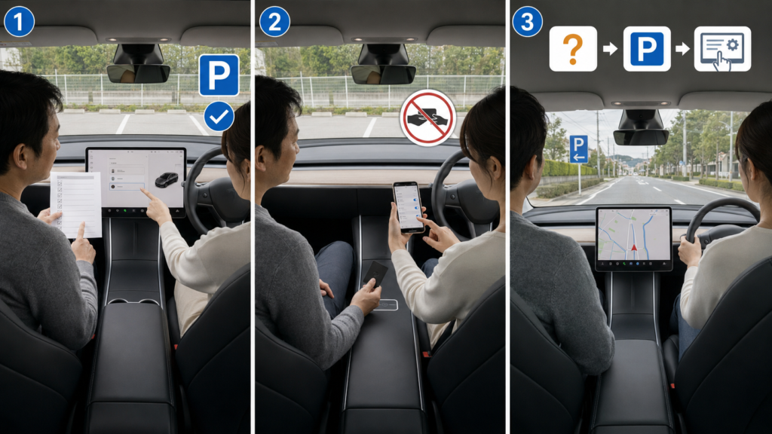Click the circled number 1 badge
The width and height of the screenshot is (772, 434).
19,22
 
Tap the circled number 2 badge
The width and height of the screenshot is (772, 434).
274,22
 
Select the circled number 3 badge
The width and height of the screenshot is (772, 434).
527,22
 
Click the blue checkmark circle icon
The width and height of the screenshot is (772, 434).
219,117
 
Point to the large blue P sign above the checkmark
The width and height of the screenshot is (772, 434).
219,75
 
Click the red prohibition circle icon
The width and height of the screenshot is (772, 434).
428,118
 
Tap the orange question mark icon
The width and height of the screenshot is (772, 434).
573,49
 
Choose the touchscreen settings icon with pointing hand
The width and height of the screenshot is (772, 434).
722,49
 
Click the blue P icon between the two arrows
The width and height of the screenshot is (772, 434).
647,49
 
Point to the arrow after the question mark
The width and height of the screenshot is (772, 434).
611,48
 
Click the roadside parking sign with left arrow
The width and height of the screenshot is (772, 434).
578,149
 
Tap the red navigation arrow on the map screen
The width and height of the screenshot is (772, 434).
634,247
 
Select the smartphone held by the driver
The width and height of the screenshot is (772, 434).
409,207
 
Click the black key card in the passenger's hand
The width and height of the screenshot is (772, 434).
375,274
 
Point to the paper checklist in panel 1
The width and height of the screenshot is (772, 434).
76,204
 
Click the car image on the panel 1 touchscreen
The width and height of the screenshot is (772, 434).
167,179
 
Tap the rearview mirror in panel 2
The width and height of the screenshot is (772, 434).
383,75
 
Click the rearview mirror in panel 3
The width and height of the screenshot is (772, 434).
641,137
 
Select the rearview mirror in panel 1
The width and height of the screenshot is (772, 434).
139,74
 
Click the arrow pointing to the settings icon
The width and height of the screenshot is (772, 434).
683,48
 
